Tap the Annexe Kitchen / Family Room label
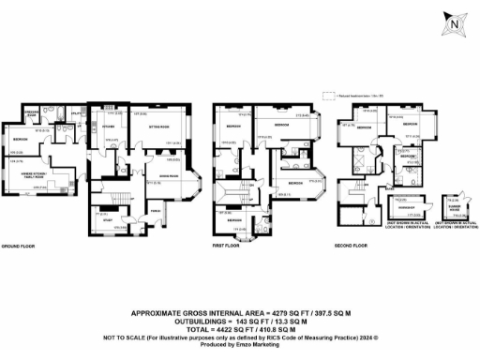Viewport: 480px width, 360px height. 37,173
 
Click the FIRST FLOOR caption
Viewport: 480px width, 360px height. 228,246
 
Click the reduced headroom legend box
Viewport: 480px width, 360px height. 326,95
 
